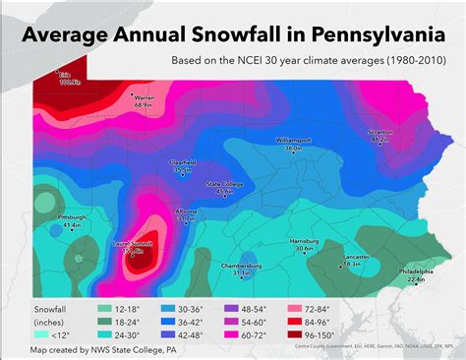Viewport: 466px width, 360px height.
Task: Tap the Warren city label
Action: point(145,98)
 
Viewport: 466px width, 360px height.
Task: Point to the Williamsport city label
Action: point(293,142)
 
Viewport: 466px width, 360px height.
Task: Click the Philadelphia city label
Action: point(415,271)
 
